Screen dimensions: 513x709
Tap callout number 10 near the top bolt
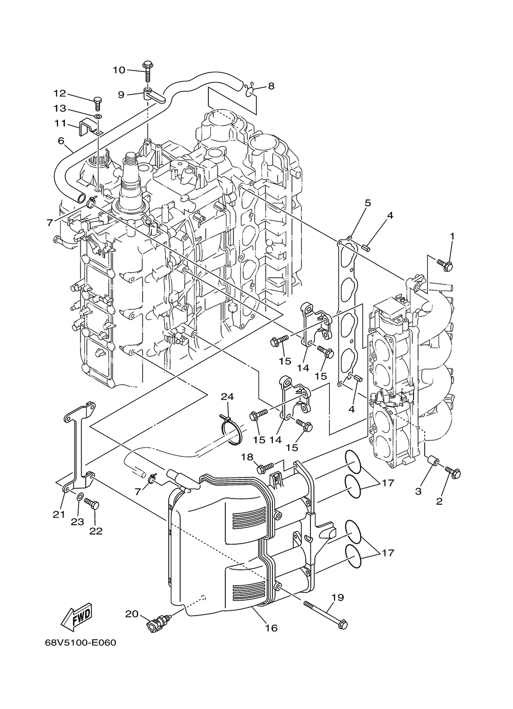tap(119, 70)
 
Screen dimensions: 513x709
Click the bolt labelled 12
tap(97, 104)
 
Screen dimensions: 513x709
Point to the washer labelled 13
tap(98, 117)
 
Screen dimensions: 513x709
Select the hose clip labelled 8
tap(250, 90)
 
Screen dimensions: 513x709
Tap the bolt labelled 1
tap(445, 265)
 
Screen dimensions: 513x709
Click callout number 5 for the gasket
tap(367, 203)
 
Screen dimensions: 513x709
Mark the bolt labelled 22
tap(92, 503)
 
